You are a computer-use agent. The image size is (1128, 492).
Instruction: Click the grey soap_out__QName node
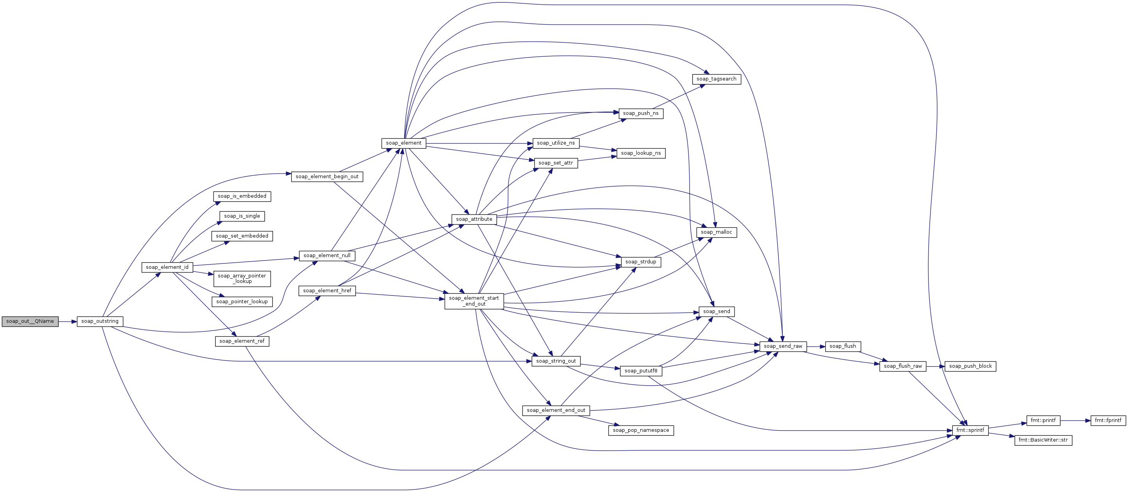[30, 322]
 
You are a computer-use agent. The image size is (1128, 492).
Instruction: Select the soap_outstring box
[100, 322]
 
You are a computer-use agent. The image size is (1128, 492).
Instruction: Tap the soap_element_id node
[167, 267]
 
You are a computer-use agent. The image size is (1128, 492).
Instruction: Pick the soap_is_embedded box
[242, 196]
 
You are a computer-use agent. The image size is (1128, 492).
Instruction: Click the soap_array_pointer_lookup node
[242, 279]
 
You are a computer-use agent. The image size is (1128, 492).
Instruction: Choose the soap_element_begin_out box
[327, 177]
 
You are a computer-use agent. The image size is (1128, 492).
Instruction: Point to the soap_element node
[404, 143]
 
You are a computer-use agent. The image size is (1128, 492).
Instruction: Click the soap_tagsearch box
[717, 79]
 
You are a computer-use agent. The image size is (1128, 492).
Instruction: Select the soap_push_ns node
[641, 113]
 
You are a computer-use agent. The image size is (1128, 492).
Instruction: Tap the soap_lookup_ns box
[641, 153]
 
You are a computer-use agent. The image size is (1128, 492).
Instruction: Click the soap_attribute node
[474, 219]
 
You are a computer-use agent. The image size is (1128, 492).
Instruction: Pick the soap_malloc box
[717, 232]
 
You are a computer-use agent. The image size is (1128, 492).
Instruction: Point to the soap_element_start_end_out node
[474, 301]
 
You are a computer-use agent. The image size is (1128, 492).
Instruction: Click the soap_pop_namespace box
[641, 430]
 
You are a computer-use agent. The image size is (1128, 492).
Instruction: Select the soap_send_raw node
[783, 346]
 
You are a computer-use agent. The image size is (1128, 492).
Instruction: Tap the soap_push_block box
[970, 366]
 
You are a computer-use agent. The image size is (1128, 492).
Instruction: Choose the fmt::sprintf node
[970, 430]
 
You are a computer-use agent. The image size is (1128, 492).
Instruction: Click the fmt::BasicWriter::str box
[1043, 440]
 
